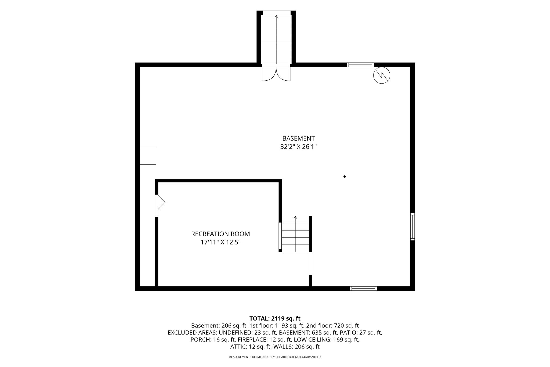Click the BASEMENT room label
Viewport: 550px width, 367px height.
click(x=298, y=138)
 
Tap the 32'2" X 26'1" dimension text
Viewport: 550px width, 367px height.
click(x=298, y=147)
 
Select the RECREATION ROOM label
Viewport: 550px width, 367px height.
click(x=220, y=234)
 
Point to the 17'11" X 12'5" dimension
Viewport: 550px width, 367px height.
click(x=220, y=242)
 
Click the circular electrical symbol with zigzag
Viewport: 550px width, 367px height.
click(x=382, y=75)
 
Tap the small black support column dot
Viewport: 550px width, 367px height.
click(x=345, y=177)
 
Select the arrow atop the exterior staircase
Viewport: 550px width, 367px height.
click(x=276, y=17)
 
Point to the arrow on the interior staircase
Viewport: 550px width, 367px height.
click(x=295, y=218)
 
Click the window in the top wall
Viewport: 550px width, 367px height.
click(x=360, y=65)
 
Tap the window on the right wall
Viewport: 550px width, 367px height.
click(x=412, y=226)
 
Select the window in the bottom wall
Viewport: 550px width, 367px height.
click(x=363, y=288)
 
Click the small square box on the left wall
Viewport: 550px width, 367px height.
click(x=148, y=156)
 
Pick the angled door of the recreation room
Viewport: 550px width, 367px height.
click(x=160, y=202)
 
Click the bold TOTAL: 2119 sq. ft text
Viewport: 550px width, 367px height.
click(x=275, y=319)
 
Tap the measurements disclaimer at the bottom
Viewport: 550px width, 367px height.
click(x=275, y=357)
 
